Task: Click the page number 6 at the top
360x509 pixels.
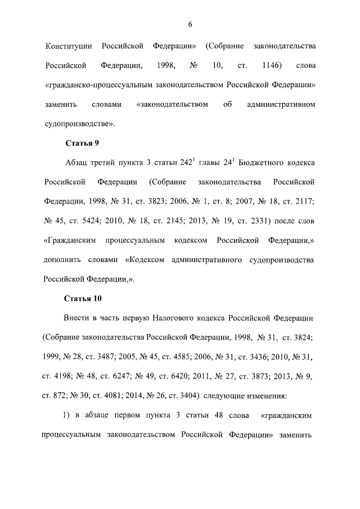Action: pos(190,24)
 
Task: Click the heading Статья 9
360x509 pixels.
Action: pos(83,143)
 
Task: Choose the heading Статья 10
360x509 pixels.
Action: pos(84,298)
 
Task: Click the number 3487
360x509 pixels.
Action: pos(125,357)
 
